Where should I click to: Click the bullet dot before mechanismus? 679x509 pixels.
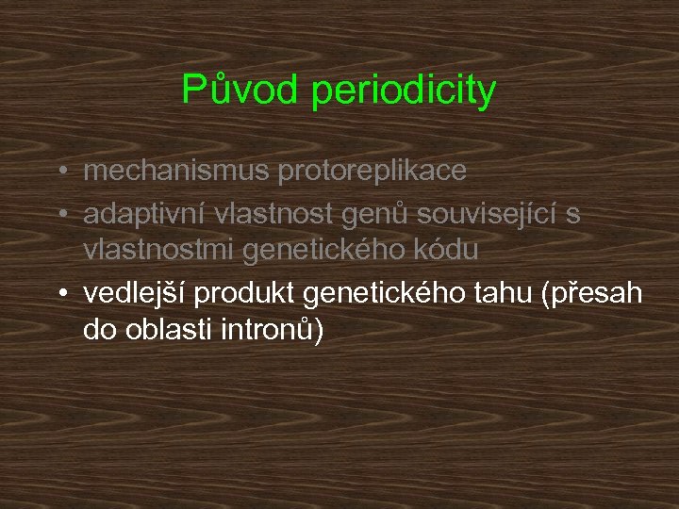tap(60, 172)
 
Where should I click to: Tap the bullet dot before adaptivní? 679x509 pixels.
tap(60, 215)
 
